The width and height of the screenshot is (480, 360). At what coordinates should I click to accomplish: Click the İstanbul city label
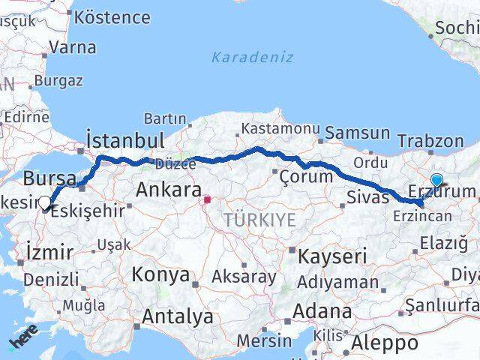(x=125, y=140)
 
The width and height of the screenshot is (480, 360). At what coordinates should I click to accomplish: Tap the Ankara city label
(x=168, y=190)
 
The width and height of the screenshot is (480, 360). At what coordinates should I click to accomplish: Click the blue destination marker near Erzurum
(x=436, y=180)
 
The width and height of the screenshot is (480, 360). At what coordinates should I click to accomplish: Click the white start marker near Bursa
(x=45, y=202)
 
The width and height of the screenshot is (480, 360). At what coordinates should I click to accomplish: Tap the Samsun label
(x=358, y=133)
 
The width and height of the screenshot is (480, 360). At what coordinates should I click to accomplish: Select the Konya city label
(x=160, y=274)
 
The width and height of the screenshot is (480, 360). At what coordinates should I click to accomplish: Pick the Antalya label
(x=177, y=316)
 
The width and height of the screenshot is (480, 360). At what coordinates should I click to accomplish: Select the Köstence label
(x=112, y=16)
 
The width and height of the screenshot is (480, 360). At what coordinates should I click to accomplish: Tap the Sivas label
(x=368, y=197)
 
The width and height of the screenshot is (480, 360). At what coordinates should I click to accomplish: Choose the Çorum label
(x=305, y=177)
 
